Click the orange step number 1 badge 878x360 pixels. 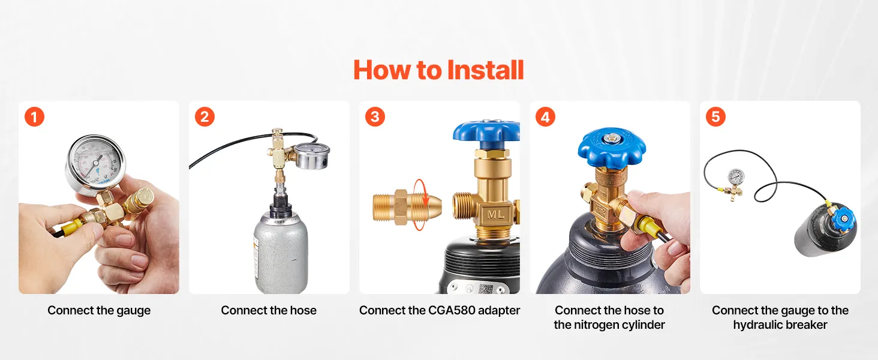(x=35, y=117)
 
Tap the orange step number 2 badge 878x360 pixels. (x=205, y=116)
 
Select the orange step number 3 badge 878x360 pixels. (x=375, y=116)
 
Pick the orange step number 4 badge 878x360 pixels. (x=545, y=116)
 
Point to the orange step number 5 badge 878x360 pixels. (x=715, y=116)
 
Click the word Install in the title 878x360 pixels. (x=485, y=70)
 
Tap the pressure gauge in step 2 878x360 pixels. (x=312, y=155)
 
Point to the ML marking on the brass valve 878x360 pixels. (x=495, y=215)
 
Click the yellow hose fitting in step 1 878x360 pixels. (x=71, y=226)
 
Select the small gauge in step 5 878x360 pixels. (x=736, y=178)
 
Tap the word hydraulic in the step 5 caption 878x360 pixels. (x=755, y=325)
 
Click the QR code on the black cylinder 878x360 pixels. (x=486, y=289)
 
